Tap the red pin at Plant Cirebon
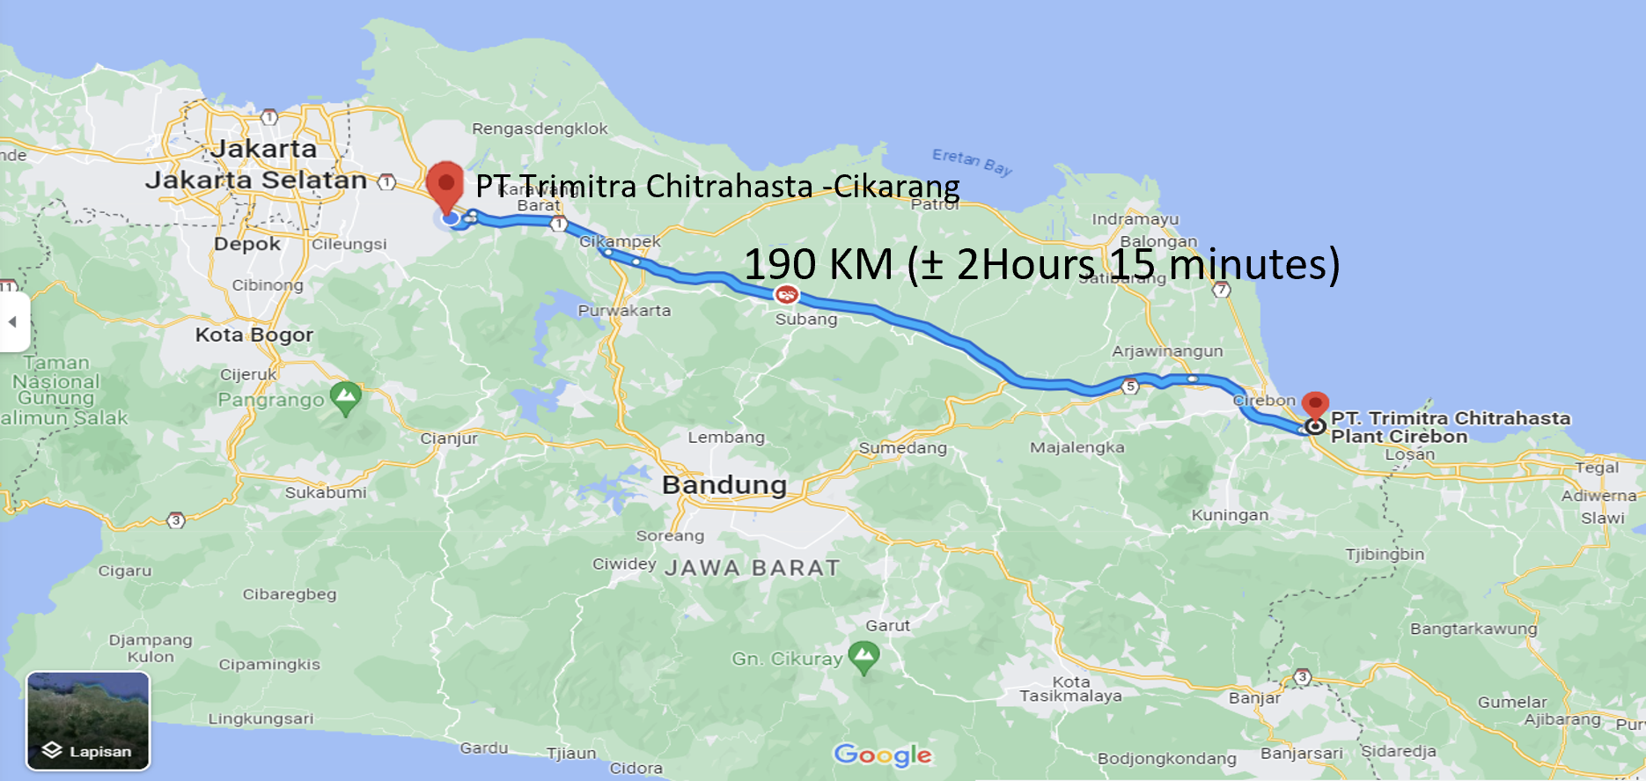(1315, 406)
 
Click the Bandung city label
(724, 485)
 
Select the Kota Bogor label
(254, 335)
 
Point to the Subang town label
(805, 320)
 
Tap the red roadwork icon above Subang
(786, 295)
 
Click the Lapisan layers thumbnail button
(88, 721)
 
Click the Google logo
(883, 755)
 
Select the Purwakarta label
(624, 311)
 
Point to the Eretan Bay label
(972, 161)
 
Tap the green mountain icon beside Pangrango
(345, 398)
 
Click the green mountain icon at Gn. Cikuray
(863, 657)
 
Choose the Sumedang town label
(902, 448)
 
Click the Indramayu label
(1135, 219)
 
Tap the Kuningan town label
(1230, 515)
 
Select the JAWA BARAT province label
(752, 568)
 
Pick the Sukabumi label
(326, 493)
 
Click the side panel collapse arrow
(12, 322)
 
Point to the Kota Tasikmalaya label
(1070, 689)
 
